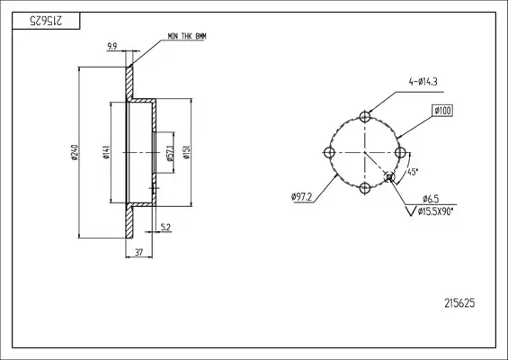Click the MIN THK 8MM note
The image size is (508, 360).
coord(187,36)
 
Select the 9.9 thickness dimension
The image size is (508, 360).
coord(112,47)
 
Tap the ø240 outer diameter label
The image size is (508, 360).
coord(75,152)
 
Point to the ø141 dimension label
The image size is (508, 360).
coord(106,152)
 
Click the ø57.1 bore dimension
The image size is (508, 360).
coord(171,153)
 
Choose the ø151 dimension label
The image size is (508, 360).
coord(187,152)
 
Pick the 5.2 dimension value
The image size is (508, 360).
coord(165,228)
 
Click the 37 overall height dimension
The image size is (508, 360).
coord(138,252)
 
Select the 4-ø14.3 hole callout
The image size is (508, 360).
coord(423,82)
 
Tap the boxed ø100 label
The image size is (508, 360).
coord(442,111)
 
